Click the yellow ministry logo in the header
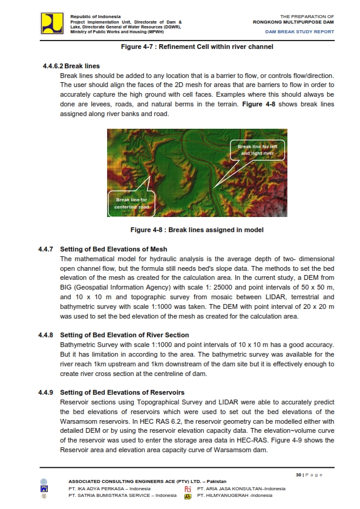(x=52, y=23)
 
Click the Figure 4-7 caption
(x=197, y=47)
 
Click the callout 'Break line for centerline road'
(x=132, y=203)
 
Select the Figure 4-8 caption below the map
(x=197, y=230)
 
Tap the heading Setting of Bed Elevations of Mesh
(x=114, y=249)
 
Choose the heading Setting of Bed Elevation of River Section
(x=125, y=334)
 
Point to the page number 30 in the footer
(x=298, y=475)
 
